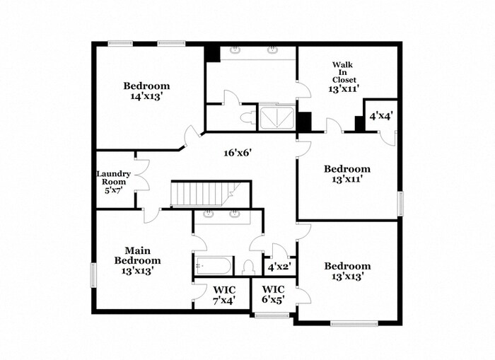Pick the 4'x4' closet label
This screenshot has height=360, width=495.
(382, 115)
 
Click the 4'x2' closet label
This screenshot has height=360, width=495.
(279, 267)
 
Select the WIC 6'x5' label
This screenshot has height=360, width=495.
(273, 295)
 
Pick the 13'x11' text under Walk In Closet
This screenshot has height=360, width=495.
(342, 90)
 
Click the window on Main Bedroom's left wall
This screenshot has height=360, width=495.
(92, 275)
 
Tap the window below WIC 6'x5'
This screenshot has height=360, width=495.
(272, 315)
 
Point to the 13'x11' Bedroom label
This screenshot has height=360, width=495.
(346, 174)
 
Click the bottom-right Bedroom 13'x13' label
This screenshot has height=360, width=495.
(346, 271)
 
